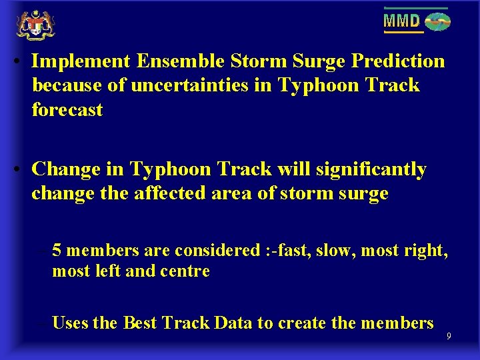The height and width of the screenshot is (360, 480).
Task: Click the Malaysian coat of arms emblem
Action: pos(35,25)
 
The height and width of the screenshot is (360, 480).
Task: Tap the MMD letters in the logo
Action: pos(402,21)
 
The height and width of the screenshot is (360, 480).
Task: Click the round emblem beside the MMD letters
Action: pos(437,22)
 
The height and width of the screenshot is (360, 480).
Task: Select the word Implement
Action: pos(81,61)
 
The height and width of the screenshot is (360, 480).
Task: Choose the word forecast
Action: pos(67,109)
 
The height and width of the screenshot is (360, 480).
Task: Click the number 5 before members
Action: pos(57,250)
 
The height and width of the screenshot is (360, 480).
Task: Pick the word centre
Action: pos(187,271)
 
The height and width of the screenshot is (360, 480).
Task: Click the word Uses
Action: pos(71,323)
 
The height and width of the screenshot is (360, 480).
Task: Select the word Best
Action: pos(139,323)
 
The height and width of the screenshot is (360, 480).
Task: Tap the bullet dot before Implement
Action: pos(21,62)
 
